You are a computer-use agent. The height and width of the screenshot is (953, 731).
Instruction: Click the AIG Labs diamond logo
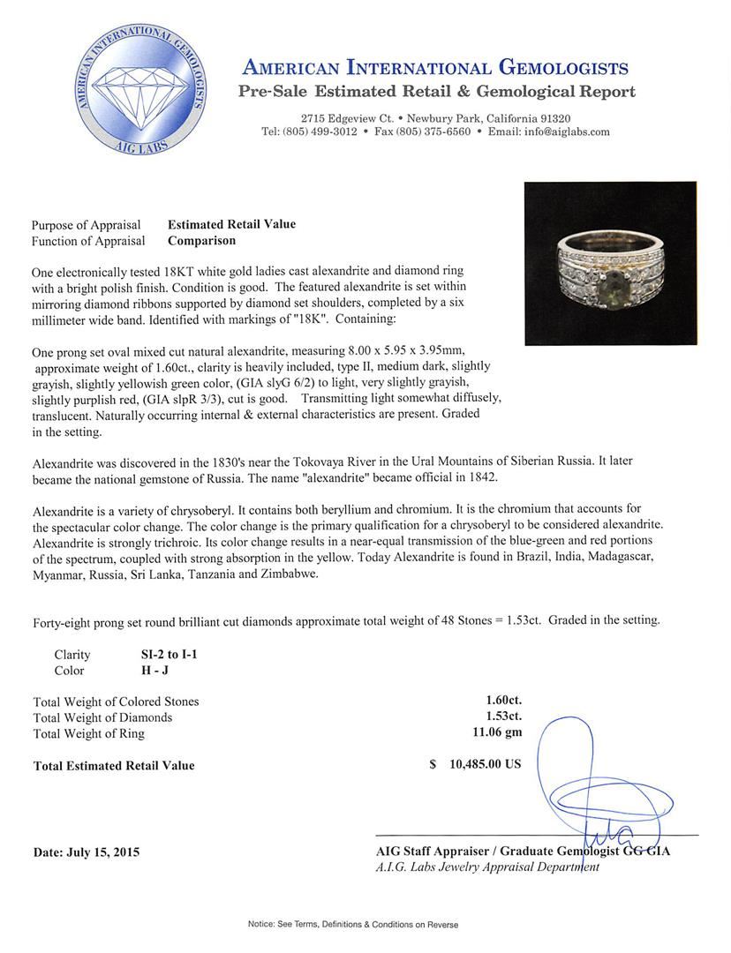tap(141, 91)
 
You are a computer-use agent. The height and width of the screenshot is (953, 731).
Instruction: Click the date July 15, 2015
tap(87, 852)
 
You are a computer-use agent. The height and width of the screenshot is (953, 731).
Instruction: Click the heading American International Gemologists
tap(435, 68)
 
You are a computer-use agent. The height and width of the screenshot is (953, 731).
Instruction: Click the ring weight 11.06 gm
tap(497, 733)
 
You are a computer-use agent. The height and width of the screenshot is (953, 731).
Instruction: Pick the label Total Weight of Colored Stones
tap(116, 702)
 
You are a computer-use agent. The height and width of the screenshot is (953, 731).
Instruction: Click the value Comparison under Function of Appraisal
tap(201, 240)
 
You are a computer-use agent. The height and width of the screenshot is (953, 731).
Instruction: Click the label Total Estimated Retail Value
tap(114, 766)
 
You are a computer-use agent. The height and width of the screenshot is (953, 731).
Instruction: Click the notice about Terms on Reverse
tap(353, 924)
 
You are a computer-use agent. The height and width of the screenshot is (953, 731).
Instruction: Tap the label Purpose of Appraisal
tap(87, 225)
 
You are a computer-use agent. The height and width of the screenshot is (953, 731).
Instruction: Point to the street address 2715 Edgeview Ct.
tap(347, 118)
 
